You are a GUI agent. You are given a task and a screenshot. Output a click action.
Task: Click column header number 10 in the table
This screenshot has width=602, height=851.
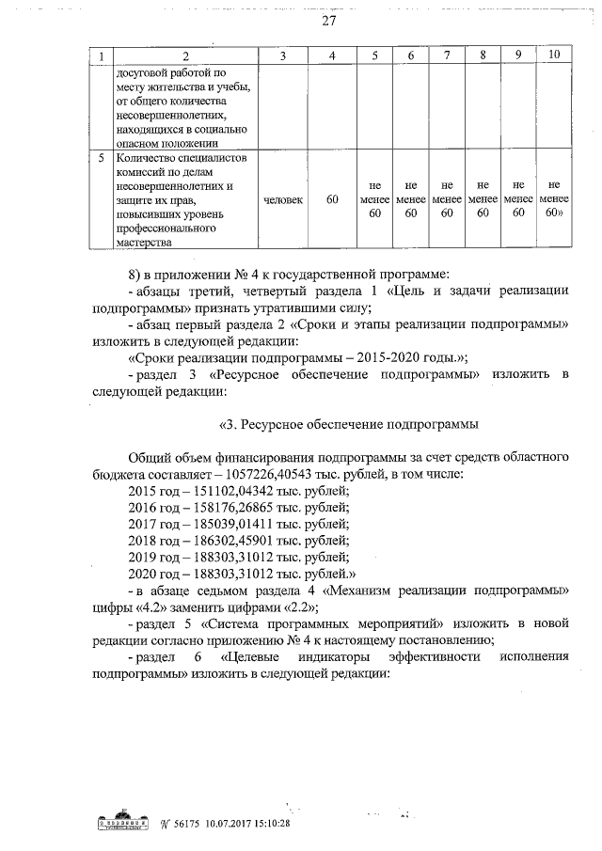[555, 56]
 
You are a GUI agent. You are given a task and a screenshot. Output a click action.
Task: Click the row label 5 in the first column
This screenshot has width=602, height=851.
[101, 159]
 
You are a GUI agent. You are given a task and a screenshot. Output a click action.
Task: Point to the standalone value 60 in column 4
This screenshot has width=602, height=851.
[332, 200]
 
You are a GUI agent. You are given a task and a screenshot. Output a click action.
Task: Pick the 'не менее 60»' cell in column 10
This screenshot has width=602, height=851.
[555, 200]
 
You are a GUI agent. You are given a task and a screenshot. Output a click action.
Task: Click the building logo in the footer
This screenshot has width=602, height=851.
[125, 823]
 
